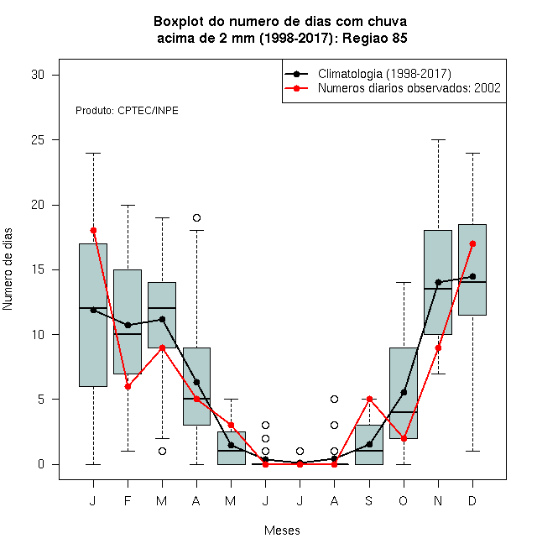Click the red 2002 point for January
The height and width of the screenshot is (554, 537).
pos(93,231)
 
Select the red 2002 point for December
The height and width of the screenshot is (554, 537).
pos(472,243)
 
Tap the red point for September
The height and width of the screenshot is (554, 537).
pos(369,400)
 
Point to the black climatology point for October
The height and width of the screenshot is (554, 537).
pos(404,393)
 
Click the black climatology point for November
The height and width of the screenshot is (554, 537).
pos(439,282)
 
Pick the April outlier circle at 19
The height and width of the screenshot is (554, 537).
pos(197,217)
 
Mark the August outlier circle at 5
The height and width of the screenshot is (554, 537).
pos(334,400)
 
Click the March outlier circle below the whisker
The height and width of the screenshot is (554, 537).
pos(162,452)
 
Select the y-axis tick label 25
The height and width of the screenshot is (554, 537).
pos(38,140)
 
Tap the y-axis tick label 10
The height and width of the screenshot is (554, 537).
pos(38,335)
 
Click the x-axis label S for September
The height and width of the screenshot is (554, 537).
pos(369,501)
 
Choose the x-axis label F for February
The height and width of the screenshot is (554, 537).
pos(128,501)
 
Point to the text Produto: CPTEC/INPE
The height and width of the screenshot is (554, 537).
pos(127,111)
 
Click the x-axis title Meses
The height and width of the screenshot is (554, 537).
pos(282,530)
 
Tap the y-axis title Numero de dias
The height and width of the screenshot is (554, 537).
pos(8,269)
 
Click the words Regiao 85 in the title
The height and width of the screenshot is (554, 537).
pos(375,38)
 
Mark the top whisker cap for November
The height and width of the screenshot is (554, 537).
pos(439,140)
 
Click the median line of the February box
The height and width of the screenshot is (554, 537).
pos(128,334)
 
